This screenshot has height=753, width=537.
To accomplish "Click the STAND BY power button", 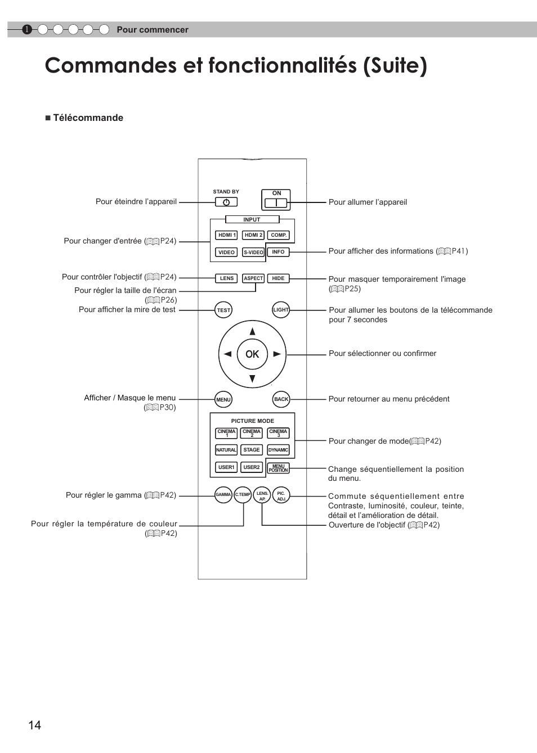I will point(226,202).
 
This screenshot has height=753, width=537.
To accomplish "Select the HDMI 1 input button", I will point(226,235).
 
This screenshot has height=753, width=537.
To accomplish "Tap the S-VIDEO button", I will point(253,252).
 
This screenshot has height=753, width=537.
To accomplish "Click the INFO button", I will point(278,252).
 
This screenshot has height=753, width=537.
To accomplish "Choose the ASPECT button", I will point(253,278).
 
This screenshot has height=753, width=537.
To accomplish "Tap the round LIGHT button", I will point(280,310).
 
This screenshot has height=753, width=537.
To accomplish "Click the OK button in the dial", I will point(252,354).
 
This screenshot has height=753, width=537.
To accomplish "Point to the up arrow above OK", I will point(252,331).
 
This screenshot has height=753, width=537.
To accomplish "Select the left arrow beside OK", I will point(227,354).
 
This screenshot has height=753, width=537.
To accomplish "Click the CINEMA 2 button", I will point(252,433).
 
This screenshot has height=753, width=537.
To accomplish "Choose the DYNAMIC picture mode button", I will point(278,450).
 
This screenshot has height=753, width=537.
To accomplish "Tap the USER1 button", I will point(226,467).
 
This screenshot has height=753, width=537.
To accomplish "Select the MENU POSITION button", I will point(278,468).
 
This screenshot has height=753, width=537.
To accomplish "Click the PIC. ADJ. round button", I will point(281,495).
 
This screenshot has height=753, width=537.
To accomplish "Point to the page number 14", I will point(34,725).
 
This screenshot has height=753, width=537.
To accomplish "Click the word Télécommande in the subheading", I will point(88,118).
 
